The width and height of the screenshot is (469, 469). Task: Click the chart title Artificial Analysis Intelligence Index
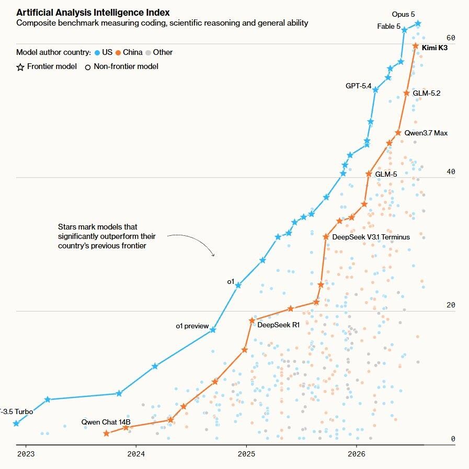93,13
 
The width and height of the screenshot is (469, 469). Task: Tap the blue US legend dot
97,53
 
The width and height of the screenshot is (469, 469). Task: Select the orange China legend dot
118,53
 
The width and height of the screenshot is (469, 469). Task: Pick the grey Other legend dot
148,53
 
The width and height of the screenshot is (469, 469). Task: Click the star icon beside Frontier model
20,67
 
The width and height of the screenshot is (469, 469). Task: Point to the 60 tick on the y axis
451,38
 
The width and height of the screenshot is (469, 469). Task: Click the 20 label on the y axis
451,305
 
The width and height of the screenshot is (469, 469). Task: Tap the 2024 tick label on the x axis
136,454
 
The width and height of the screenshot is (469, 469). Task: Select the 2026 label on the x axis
357,454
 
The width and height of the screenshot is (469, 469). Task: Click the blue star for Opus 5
418,24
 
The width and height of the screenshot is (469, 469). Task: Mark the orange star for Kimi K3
416,46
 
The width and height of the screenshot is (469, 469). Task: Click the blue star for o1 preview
213,330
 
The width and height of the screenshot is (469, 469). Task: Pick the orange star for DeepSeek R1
252,321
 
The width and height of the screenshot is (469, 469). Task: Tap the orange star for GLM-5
369,174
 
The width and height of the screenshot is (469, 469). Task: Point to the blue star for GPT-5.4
375,90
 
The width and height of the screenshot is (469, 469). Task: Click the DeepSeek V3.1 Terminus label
371,237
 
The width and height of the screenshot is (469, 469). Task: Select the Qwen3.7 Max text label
426,133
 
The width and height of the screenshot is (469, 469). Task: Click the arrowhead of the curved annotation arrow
213,255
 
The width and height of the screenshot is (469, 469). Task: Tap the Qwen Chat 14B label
106,422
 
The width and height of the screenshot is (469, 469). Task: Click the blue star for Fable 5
404,30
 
